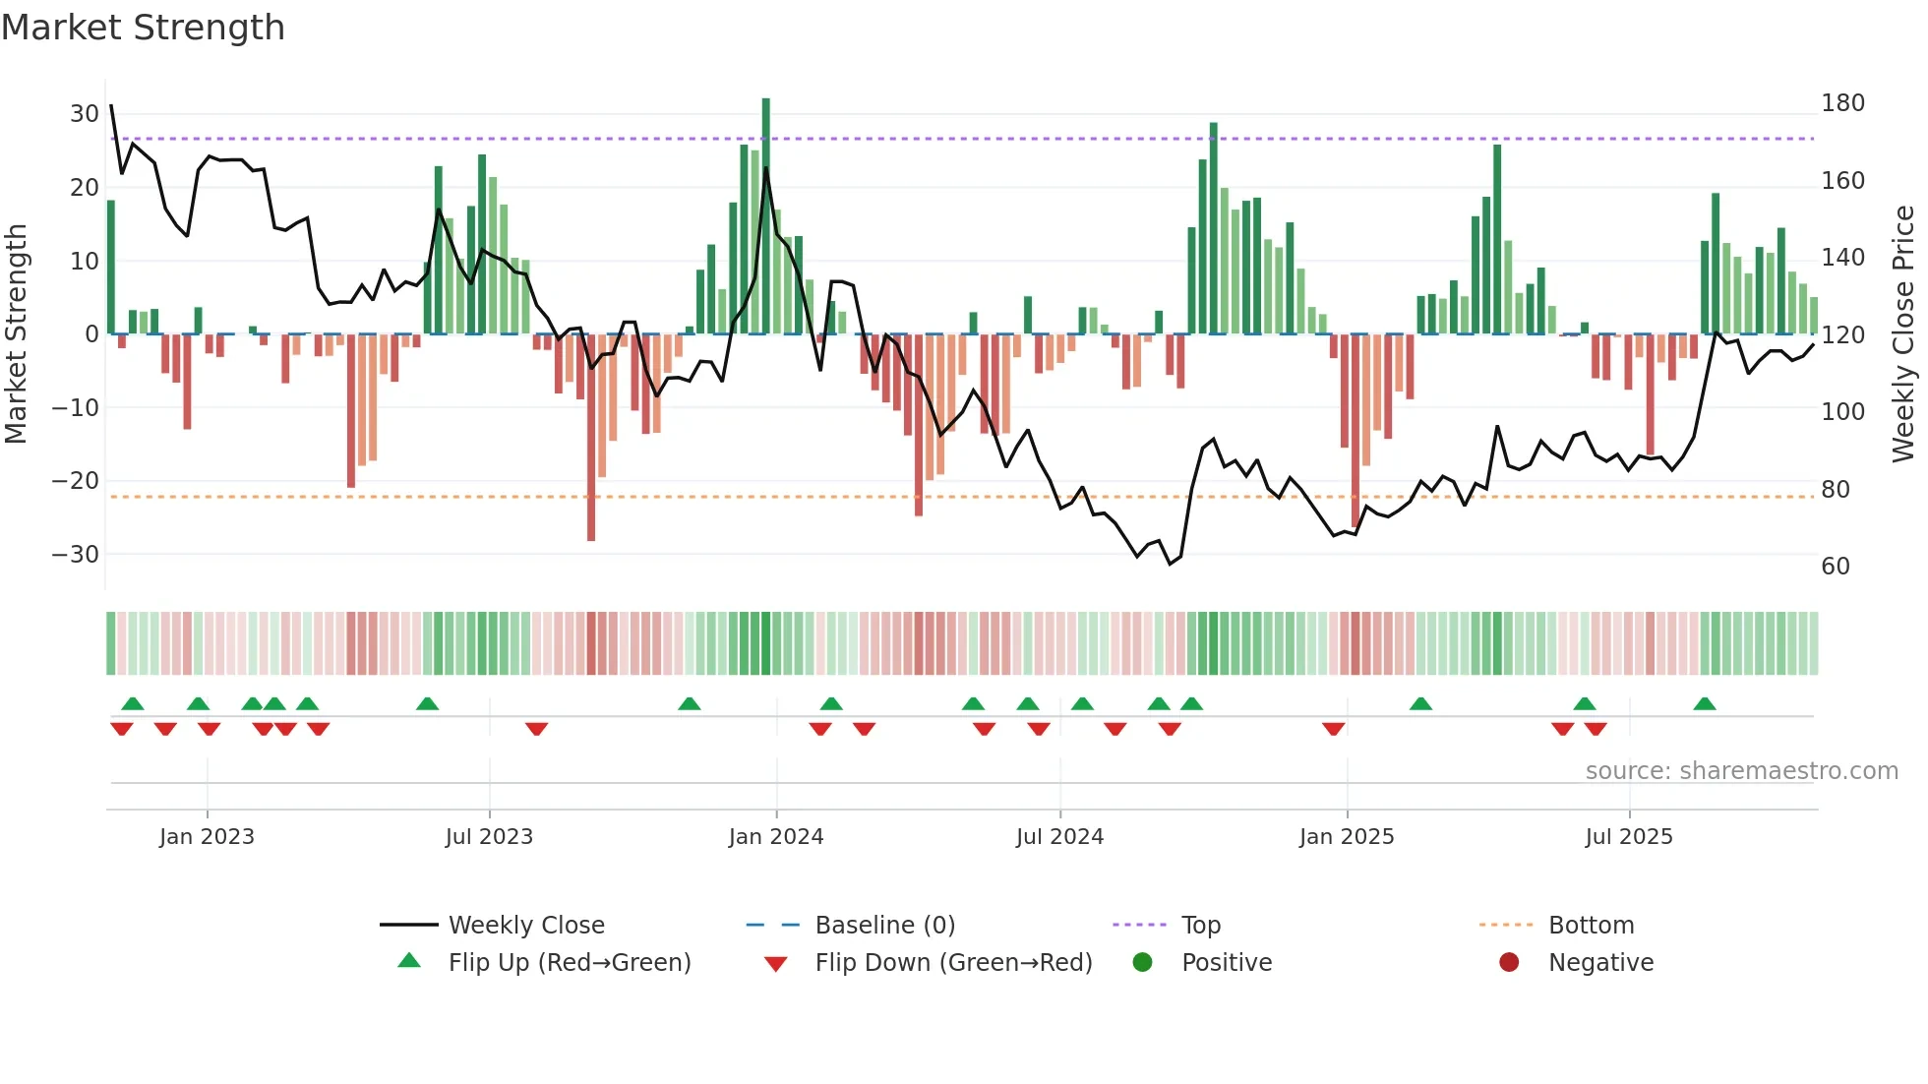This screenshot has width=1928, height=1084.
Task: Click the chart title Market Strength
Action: click(x=143, y=28)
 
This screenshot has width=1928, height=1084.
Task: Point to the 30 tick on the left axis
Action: click(x=85, y=113)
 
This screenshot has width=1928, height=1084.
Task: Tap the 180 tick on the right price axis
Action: click(x=1842, y=103)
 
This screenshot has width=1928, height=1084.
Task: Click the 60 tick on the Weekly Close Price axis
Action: click(x=1836, y=567)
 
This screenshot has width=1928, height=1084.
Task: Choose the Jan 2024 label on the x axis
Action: click(x=776, y=837)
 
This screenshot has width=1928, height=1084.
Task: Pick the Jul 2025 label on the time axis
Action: click(x=1629, y=837)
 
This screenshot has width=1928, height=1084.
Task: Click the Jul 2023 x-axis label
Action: click(x=489, y=837)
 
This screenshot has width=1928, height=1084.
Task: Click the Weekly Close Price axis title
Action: click(x=1903, y=334)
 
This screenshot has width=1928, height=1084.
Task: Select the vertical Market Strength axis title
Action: click(x=16, y=334)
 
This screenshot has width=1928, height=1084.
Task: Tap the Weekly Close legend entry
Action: click(x=526, y=926)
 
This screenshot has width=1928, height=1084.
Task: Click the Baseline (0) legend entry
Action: click(x=884, y=926)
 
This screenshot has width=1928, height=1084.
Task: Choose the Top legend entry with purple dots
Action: click(x=1200, y=926)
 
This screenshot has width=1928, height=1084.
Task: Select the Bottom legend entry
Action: click(x=1591, y=926)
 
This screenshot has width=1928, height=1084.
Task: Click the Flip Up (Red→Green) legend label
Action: click(x=570, y=963)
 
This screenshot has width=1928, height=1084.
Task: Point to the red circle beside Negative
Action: click(x=1509, y=963)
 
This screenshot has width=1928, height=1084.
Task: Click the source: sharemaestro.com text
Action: click(x=1741, y=771)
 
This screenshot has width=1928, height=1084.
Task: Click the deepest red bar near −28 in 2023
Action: click(x=591, y=438)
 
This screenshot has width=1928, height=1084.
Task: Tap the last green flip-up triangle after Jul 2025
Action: click(x=1705, y=703)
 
